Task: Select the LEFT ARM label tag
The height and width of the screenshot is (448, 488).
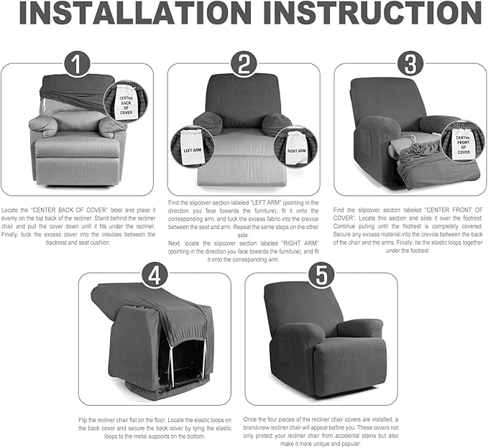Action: coord(191,149)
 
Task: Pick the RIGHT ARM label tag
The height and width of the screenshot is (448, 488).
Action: coord(295,149)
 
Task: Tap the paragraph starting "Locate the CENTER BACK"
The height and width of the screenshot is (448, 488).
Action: coord(77,223)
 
